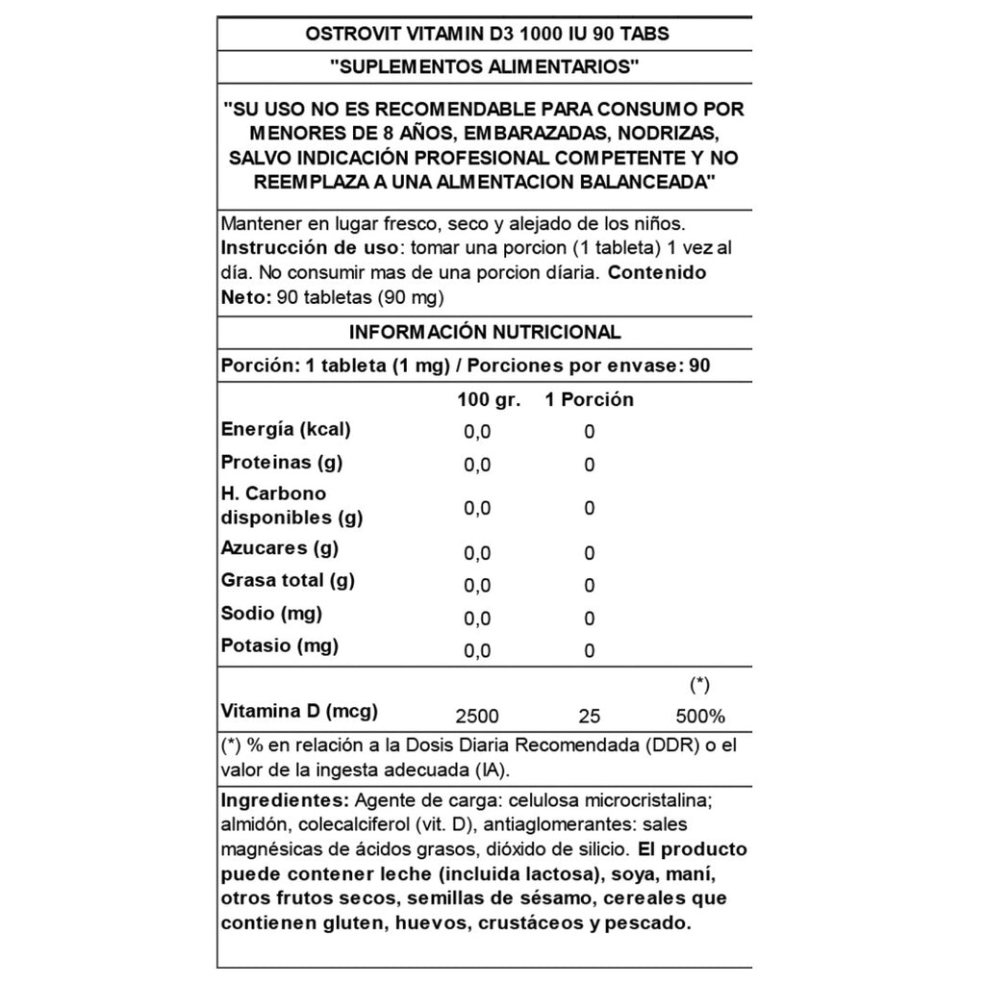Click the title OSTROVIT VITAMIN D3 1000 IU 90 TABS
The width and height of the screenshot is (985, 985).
(487, 33)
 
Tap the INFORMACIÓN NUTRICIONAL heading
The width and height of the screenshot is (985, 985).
(485, 332)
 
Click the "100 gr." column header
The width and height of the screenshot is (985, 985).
(489, 399)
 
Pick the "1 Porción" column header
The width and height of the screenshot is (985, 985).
(589, 399)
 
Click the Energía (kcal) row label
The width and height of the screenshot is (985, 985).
(286, 429)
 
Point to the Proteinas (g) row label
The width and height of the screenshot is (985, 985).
(282, 462)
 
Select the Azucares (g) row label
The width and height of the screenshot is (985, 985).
(279, 548)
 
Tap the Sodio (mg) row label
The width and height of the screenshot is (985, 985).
(271, 613)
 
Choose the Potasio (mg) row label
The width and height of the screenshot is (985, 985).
(280, 645)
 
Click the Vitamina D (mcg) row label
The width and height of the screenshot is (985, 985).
(299, 712)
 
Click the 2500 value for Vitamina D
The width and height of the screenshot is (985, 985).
(478, 717)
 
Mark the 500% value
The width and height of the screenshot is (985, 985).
(699, 717)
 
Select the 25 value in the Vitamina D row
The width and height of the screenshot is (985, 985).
(590, 717)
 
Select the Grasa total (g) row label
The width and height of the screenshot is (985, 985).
(288, 581)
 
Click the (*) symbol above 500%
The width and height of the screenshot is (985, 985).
(699, 685)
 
